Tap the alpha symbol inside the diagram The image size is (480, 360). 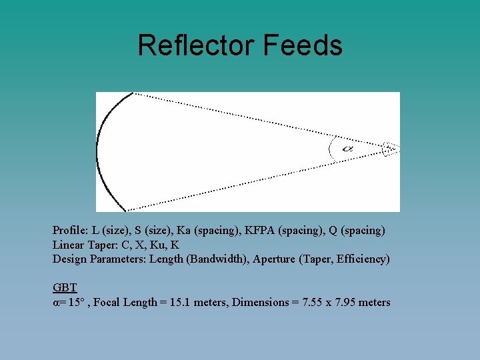[347, 149]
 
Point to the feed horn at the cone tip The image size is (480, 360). [390, 149]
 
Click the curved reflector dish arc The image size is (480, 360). [100, 152]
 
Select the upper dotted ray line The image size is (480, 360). [260, 121]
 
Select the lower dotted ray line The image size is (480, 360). [260, 181]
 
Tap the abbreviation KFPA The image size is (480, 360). [259, 230]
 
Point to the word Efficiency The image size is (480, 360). [363, 259]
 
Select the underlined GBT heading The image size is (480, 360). [65, 288]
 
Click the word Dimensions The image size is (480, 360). [258, 303]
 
